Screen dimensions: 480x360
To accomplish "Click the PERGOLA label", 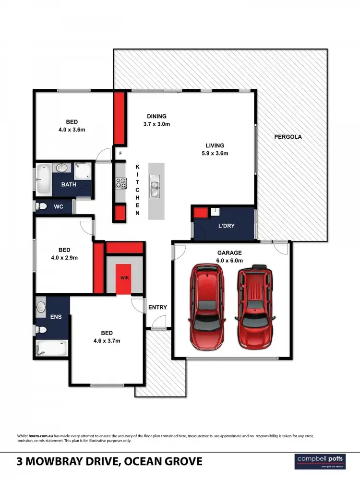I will coord(288,137).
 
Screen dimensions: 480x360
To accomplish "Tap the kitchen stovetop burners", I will coord(120,182).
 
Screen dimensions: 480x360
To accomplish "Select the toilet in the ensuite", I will coord(42,330).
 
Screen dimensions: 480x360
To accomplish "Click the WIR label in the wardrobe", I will coord(124,278).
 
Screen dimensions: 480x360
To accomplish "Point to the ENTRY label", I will coord(157,307).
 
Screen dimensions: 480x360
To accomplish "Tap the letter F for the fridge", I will coord(120,154).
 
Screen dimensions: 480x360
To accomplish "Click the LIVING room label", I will coord(215,145).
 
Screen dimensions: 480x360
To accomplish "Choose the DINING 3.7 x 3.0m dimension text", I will coord(156,124).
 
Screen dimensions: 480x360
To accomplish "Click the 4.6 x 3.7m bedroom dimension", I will coord(106,341).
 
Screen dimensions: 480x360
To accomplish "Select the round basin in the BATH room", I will coord(62,168).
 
